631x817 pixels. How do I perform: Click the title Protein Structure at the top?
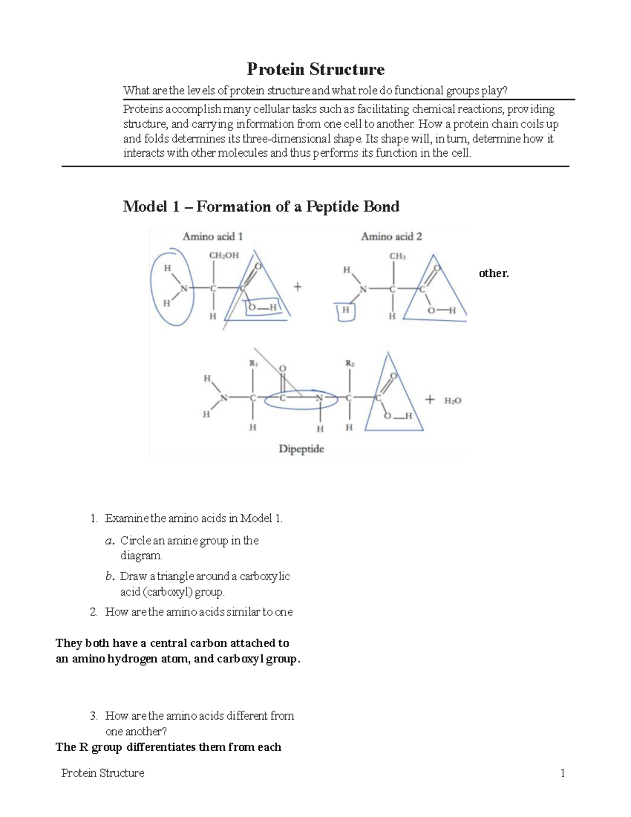(x=315, y=69)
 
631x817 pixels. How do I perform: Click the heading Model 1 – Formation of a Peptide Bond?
(x=261, y=207)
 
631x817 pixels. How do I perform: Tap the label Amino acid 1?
(x=212, y=237)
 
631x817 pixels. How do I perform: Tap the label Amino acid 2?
(x=391, y=237)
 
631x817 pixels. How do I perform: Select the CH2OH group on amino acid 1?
(x=224, y=255)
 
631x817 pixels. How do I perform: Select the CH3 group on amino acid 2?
(x=397, y=256)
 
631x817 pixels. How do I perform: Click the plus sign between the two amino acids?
(x=298, y=287)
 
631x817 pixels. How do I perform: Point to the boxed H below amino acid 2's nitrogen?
(x=345, y=310)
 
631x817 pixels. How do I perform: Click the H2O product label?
(x=452, y=401)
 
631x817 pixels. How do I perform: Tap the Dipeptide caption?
(x=301, y=449)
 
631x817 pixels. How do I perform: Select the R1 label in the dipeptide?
(x=253, y=363)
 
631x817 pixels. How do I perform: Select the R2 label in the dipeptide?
(x=350, y=363)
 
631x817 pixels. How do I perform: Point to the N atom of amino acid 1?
(x=184, y=288)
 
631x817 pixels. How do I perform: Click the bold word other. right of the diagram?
(x=494, y=274)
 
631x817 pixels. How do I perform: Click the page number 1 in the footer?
(x=563, y=773)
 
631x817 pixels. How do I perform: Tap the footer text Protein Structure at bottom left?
(x=103, y=773)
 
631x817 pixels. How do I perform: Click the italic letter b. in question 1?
(x=109, y=577)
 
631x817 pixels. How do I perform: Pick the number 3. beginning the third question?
(x=94, y=716)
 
